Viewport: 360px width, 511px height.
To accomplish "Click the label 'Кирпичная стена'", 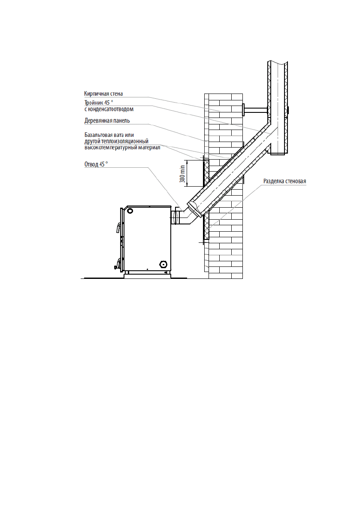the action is coord(103,94).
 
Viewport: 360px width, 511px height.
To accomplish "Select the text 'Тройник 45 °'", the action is coord(99,103).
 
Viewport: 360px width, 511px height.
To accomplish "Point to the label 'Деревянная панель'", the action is coord(107,121).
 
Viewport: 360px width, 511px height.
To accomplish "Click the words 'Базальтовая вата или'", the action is coord(109,135).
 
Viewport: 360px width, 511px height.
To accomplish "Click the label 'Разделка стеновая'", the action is coord(284,181).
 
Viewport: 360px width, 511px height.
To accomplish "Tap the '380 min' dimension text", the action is coord(183,173).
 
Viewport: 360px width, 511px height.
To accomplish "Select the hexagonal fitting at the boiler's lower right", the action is coord(163,264).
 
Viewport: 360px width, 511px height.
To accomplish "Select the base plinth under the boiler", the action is coord(145,273).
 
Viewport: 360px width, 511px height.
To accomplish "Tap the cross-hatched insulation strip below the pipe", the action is coord(206,226).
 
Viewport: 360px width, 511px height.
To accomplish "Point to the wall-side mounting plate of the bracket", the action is coord(243,110).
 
